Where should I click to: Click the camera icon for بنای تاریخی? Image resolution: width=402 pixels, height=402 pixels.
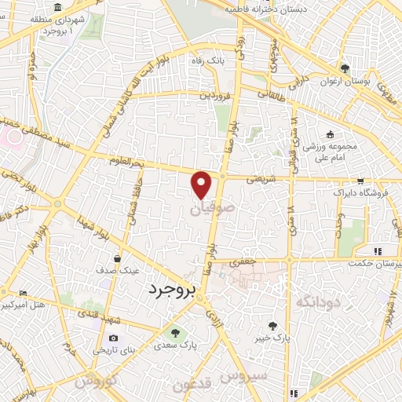112,339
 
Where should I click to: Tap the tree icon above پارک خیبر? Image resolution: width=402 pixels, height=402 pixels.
272,326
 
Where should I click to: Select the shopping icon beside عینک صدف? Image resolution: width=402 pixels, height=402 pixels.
117,258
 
